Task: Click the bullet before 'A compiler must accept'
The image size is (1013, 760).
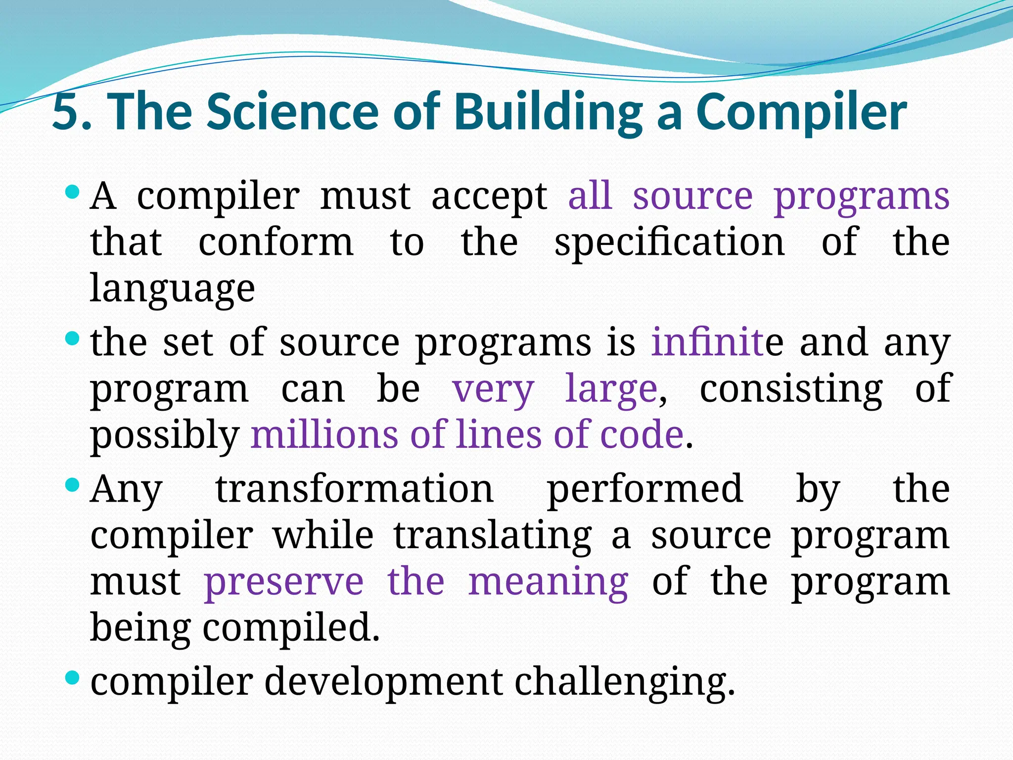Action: click(72, 192)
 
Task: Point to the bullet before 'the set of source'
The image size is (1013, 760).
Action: click(72, 339)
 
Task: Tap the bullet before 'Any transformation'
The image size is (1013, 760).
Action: click(72, 484)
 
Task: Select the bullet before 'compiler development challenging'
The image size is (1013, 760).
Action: click(72, 677)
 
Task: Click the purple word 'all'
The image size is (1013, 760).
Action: click(590, 195)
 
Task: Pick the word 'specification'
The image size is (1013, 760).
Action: click(669, 242)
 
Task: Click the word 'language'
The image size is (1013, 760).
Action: click(172, 289)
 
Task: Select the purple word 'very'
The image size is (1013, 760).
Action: click(493, 389)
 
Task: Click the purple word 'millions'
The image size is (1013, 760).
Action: click(324, 434)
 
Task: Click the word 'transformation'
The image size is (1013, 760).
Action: click(355, 489)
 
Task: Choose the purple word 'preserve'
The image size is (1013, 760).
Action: click(284, 582)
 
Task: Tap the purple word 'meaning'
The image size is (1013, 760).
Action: click(548, 582)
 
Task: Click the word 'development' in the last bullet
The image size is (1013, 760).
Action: click(384, 682)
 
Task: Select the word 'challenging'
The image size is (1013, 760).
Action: click(624, 682)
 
